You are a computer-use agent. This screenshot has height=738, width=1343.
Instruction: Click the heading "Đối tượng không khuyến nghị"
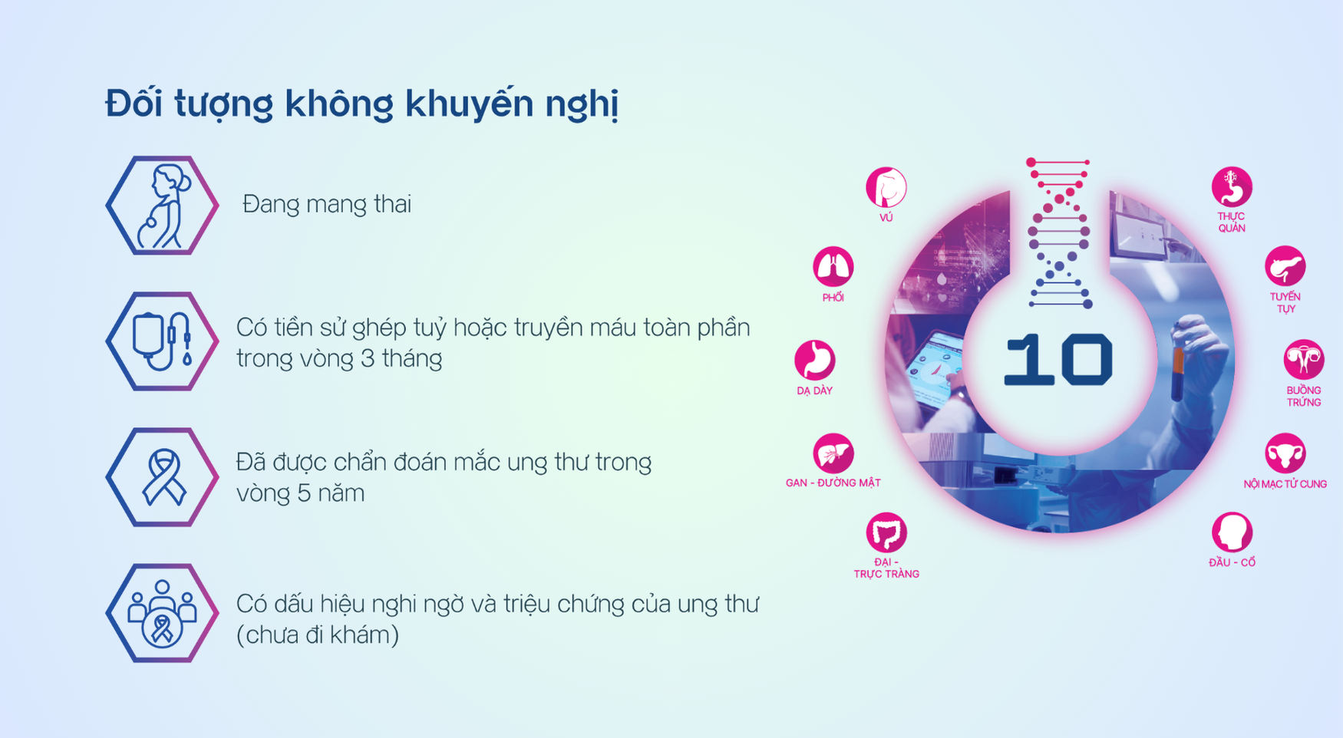(x=361, y=104)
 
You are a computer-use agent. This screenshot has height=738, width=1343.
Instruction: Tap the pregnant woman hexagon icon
(x=162, y=206)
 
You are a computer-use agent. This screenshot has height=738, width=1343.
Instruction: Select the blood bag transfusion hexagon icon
(x=162, y=341)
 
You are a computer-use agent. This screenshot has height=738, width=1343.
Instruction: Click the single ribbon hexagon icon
(x=162, y=477)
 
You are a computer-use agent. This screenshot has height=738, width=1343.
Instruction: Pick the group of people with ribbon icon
(x=162, y=613)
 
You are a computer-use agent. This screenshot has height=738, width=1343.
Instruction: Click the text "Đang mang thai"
(x=327, y=204)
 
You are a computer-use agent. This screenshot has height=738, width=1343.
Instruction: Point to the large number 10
(x=1058, y=359)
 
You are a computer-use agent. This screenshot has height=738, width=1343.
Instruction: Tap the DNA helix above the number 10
(x=1059, y=233)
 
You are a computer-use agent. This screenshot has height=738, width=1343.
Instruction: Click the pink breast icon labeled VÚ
(x=886, y=187)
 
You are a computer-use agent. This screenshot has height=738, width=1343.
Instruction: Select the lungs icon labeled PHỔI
(x=833, y=266)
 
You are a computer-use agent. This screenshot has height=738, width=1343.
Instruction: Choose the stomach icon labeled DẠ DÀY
(x=814, y=360)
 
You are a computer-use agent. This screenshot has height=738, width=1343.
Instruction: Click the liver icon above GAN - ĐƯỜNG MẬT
(x=833, y=453)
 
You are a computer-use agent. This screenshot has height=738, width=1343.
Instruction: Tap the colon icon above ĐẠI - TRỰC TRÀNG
(x=886, y=532)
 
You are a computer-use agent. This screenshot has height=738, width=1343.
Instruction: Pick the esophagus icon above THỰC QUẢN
(x=1232, y=187)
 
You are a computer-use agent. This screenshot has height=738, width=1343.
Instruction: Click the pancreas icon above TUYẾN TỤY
(x=1285, y=266)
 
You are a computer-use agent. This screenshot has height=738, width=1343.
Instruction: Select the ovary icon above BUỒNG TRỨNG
(x=1304, y=360)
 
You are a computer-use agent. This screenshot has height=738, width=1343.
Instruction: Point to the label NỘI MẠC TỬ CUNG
(x=1285, y=484)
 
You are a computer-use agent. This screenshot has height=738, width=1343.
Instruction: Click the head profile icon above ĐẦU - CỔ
(x=1232, y=532)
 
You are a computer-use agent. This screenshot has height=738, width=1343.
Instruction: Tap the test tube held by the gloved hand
(x=1177, y=374)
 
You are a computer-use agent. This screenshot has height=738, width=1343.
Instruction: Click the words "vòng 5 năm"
(x=300, y=493)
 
